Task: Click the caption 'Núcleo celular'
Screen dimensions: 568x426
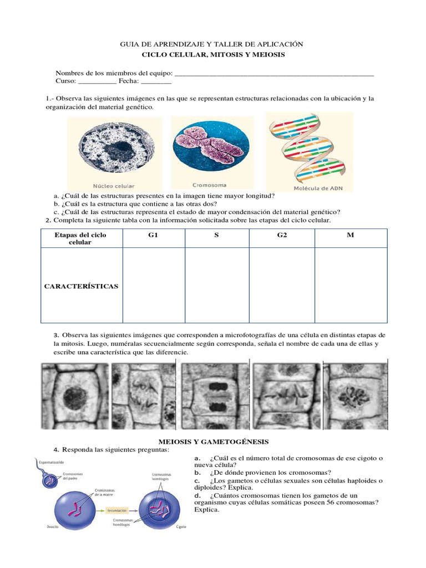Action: click(x=113, y=186)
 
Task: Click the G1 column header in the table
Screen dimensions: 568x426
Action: click(x=153, y=235)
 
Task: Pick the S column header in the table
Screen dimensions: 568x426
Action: click(x=216, y=235)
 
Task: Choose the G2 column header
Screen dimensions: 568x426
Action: click(x=282, y=235)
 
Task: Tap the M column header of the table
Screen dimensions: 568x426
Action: click(x=350, y=235)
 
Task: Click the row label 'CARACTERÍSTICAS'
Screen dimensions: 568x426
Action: click(x=81, y=286)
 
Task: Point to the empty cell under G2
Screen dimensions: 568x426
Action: click(x=282, y=285)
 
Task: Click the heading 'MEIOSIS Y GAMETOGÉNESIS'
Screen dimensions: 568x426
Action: click(x=212, y=442)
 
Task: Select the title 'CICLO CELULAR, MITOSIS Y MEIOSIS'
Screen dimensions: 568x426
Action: click(x=212, y=55)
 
